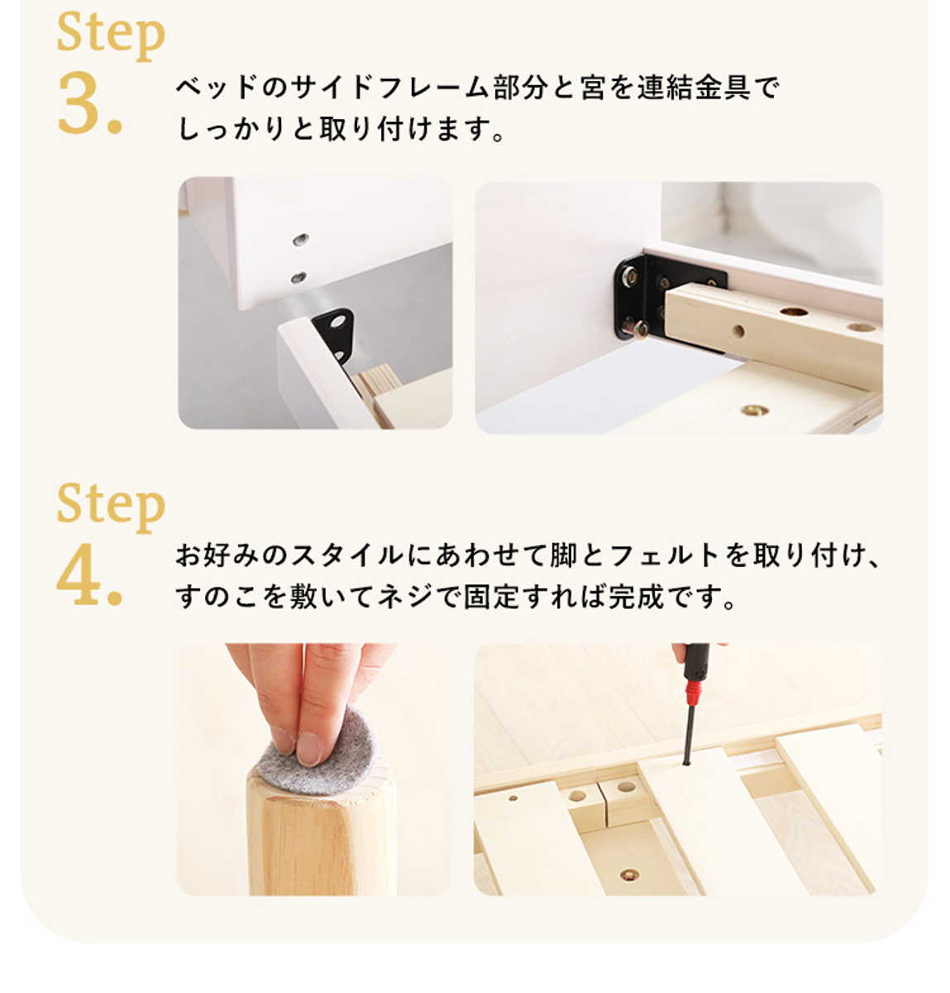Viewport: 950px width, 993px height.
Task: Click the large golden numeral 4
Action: point(80,574)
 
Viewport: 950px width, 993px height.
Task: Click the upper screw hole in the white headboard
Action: point(301,239)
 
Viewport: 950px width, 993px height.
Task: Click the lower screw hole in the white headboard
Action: point(298,277)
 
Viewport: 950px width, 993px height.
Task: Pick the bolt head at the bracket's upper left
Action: point(630,276)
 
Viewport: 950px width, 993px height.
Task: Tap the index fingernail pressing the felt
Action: point(309,749)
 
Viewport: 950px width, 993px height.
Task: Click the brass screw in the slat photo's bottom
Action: point(629,875)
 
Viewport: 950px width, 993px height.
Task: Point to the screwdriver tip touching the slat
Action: point(686,763)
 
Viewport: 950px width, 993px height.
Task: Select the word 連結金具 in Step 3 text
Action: point(694,88)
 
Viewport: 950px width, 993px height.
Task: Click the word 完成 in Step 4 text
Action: point(637,597)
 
